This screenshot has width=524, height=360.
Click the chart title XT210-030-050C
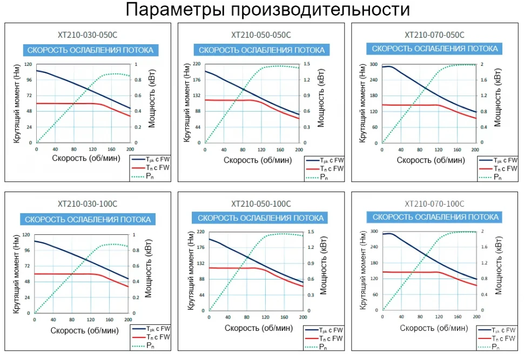coord(88,35)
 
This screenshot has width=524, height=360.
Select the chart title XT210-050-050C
coord(261,35)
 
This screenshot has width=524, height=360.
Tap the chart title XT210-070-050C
coord(434,35)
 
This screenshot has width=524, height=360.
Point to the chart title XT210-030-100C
coord(86,204)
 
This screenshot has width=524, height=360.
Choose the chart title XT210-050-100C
coord(261,204)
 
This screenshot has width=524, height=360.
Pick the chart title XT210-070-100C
coord(434,204)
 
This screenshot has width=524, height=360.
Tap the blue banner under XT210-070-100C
coord(434,217)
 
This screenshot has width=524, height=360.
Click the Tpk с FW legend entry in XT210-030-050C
coord(157,160)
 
